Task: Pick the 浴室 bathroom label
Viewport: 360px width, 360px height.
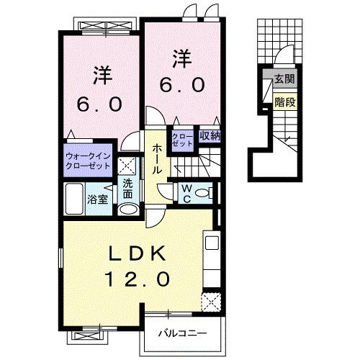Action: (x=98, y=199)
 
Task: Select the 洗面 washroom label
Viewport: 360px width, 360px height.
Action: (x=127, y=188)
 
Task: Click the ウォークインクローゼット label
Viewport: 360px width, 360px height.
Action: (x=88, y=160)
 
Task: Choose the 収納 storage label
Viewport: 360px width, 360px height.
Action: (x=210, y=136)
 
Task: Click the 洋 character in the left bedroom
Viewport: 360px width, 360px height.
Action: (x=101, y=74)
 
